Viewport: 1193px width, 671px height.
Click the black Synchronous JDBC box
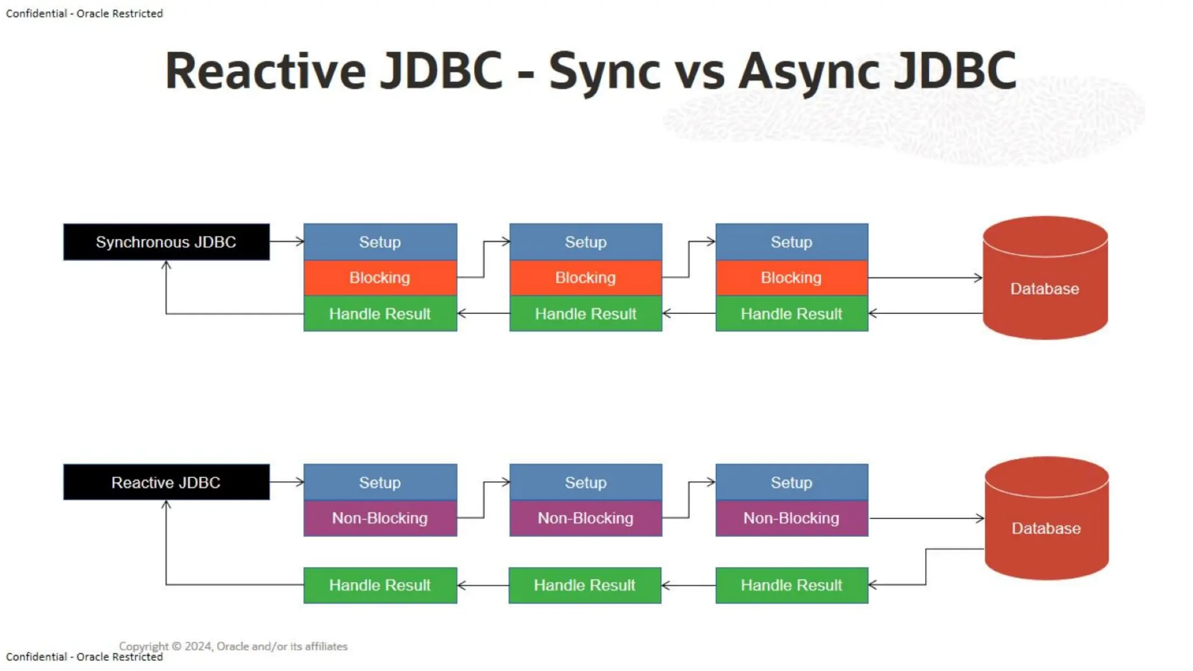[x=166, y=242]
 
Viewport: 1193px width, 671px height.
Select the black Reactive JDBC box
[x=166, y=482]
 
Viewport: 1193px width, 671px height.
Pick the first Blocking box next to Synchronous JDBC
[x=380, y=278]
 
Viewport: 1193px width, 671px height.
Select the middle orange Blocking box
[x=585, y=278]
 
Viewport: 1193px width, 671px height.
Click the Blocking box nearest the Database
[x=791, y=278]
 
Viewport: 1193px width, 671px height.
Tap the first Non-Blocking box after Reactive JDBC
[x=380, y=518]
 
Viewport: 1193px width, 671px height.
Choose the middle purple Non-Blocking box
[x=585, y=518]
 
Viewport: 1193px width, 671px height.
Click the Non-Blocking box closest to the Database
[x=791, y=518]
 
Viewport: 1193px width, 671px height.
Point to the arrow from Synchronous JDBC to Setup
[x=287, y=241]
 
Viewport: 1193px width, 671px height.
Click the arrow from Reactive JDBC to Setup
[x=287, y=482]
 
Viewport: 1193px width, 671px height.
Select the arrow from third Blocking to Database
[x=925, y=278]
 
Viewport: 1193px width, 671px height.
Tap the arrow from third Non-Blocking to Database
[x=926, y=518]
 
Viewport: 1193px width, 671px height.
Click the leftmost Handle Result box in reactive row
[x=380, y=585]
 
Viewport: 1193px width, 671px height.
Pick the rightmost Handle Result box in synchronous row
[x=791, y=314]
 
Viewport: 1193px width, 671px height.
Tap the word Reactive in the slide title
[x=266, y=71]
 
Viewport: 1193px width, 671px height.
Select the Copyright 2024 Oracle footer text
[x=233, y=646]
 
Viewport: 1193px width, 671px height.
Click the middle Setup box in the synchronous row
[x=585, y=242]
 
